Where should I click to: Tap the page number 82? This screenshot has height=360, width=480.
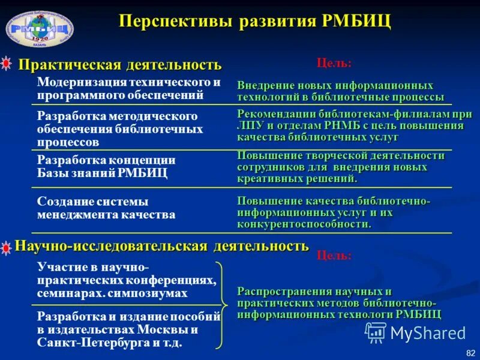469,352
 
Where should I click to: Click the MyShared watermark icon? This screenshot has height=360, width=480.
376,332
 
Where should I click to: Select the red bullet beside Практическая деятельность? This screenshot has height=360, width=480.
7,64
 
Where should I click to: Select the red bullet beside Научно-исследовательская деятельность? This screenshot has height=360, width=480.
7,247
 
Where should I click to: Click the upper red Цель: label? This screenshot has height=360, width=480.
334,62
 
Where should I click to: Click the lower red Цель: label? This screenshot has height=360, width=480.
334,256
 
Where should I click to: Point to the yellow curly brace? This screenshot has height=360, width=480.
221,304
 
